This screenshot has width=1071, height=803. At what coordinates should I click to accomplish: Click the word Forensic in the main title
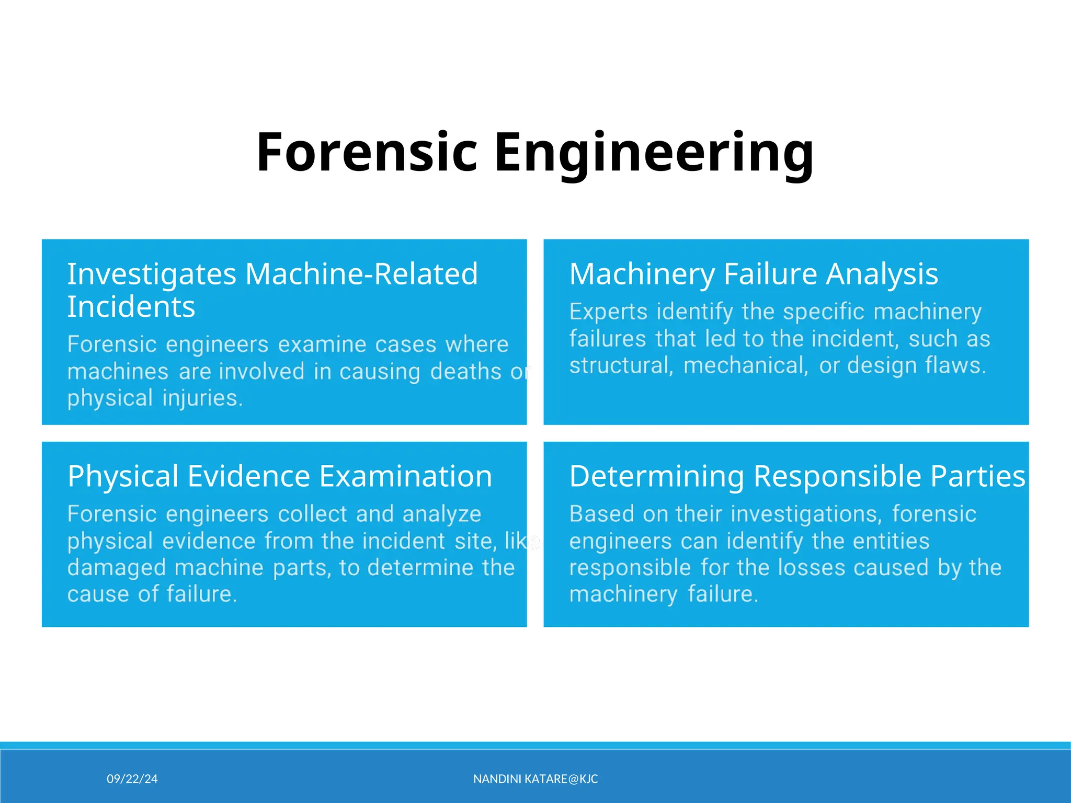click(367, 152)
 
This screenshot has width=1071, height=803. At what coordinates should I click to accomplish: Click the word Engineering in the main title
click(653, 152)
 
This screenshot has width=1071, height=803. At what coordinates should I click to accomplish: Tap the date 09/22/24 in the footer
click(132, 779)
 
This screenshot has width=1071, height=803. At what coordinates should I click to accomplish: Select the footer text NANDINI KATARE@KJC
click(535, 779)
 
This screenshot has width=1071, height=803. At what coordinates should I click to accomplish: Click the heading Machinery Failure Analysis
click(753, 274)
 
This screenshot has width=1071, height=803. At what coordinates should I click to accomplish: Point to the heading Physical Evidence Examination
click(280, 476)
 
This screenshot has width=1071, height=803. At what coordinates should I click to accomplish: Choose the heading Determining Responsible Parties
click(797, 476)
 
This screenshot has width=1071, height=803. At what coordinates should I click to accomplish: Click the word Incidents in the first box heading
click(131, 307)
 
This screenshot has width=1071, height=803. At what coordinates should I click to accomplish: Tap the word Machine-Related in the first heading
click(361, 274)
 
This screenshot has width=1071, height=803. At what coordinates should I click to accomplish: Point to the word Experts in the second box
click(608, 312)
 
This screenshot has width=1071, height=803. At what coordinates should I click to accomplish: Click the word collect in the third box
click(312, 514)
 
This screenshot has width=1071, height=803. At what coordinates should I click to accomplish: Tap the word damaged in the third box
click(116, 568)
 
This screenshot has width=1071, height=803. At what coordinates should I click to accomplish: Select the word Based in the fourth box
click(601, 514)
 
